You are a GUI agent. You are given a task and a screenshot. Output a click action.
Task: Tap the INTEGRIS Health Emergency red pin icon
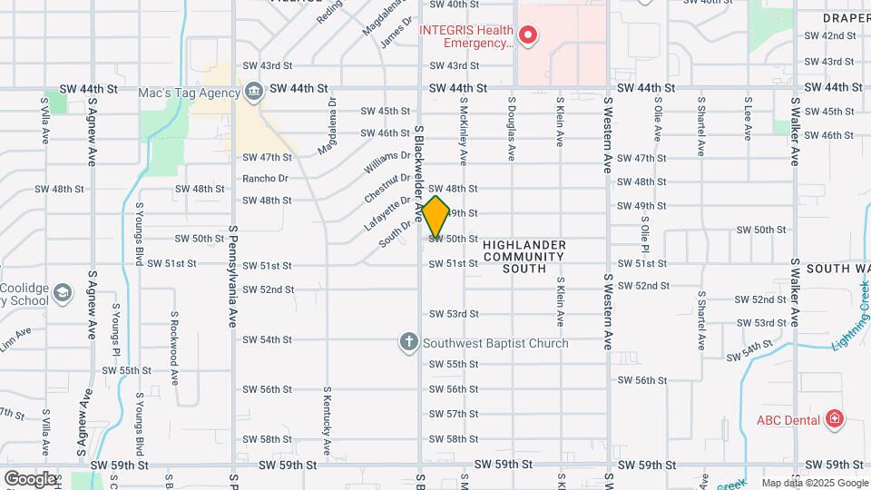[x=528, y=35]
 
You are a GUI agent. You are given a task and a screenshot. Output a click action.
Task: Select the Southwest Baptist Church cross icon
[x=409, y=342]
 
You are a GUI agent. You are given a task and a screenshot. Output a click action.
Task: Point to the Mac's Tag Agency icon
[x=253, y=92]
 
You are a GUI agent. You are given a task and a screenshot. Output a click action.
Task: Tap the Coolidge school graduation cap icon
[x=62, y=293]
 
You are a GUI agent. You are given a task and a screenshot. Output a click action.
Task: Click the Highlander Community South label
[x=524, y=257]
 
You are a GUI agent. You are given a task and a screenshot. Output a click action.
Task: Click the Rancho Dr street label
[x=265, y=178]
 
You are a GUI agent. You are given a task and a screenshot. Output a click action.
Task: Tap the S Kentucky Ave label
[x=327, y=422]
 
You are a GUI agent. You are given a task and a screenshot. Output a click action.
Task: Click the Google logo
[x=30, y=478]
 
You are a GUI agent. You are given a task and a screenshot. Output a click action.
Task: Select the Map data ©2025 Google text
[x=814, y=483]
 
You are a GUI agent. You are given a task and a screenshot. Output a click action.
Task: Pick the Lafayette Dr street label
[x=387, y=212]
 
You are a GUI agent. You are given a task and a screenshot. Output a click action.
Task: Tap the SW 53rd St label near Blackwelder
[x=454, y=314]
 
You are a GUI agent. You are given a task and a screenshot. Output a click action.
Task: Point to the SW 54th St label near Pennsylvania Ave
[x=267, y=339]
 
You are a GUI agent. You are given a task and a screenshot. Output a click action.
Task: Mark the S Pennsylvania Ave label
[x=233, y=277]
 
